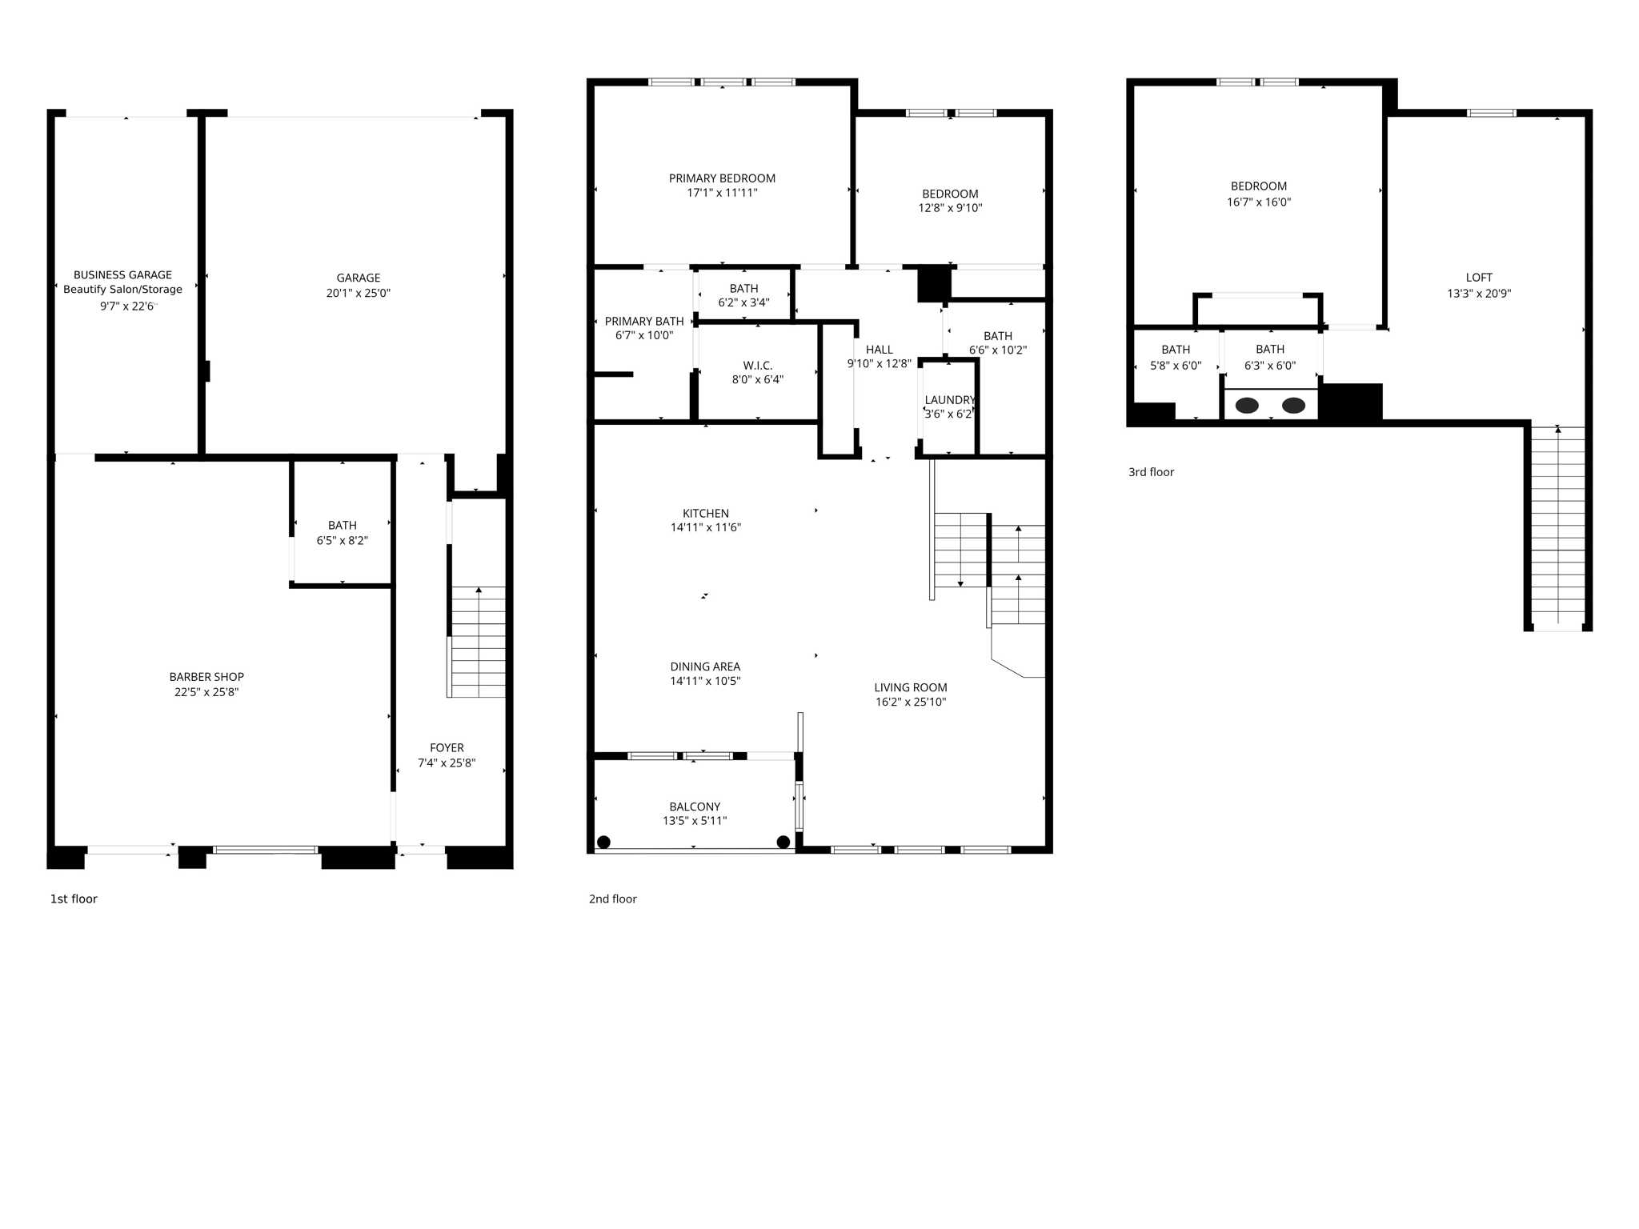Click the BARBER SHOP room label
coord(206,677)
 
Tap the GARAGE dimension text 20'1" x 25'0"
coord(358,294)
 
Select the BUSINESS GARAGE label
coord(122,275)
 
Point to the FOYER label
coord(447,748)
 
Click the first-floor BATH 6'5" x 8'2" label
coord(342,526)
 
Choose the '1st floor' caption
coord(74,899)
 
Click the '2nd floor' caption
coord(613,899)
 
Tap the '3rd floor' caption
coord(1151,472)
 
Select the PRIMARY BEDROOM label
coord(722,178)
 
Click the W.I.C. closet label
coord(757,366)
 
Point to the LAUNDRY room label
coord(949,400)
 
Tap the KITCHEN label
coord(705,514)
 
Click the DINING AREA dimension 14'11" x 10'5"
coord(705,682)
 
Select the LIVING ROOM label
coord(911,687)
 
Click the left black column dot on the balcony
coord(604,842)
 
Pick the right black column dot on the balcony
coord(783,842)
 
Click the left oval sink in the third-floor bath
coord(1247,406)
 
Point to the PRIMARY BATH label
coord(644,322)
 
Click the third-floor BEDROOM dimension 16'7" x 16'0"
coord(1259,202)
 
